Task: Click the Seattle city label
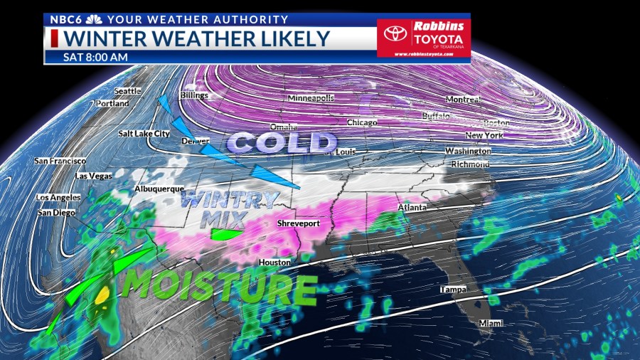click(128, 91)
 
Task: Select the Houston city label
click(274, 263)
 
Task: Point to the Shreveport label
click(298, 223)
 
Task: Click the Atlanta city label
click(412, 208)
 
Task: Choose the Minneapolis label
click(310, 98)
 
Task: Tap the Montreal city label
click(464, 99)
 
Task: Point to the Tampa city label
click(452, 290)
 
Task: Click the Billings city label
click(193, 95)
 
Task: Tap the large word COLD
click(282, 143)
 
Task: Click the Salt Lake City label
click(144, 133)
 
